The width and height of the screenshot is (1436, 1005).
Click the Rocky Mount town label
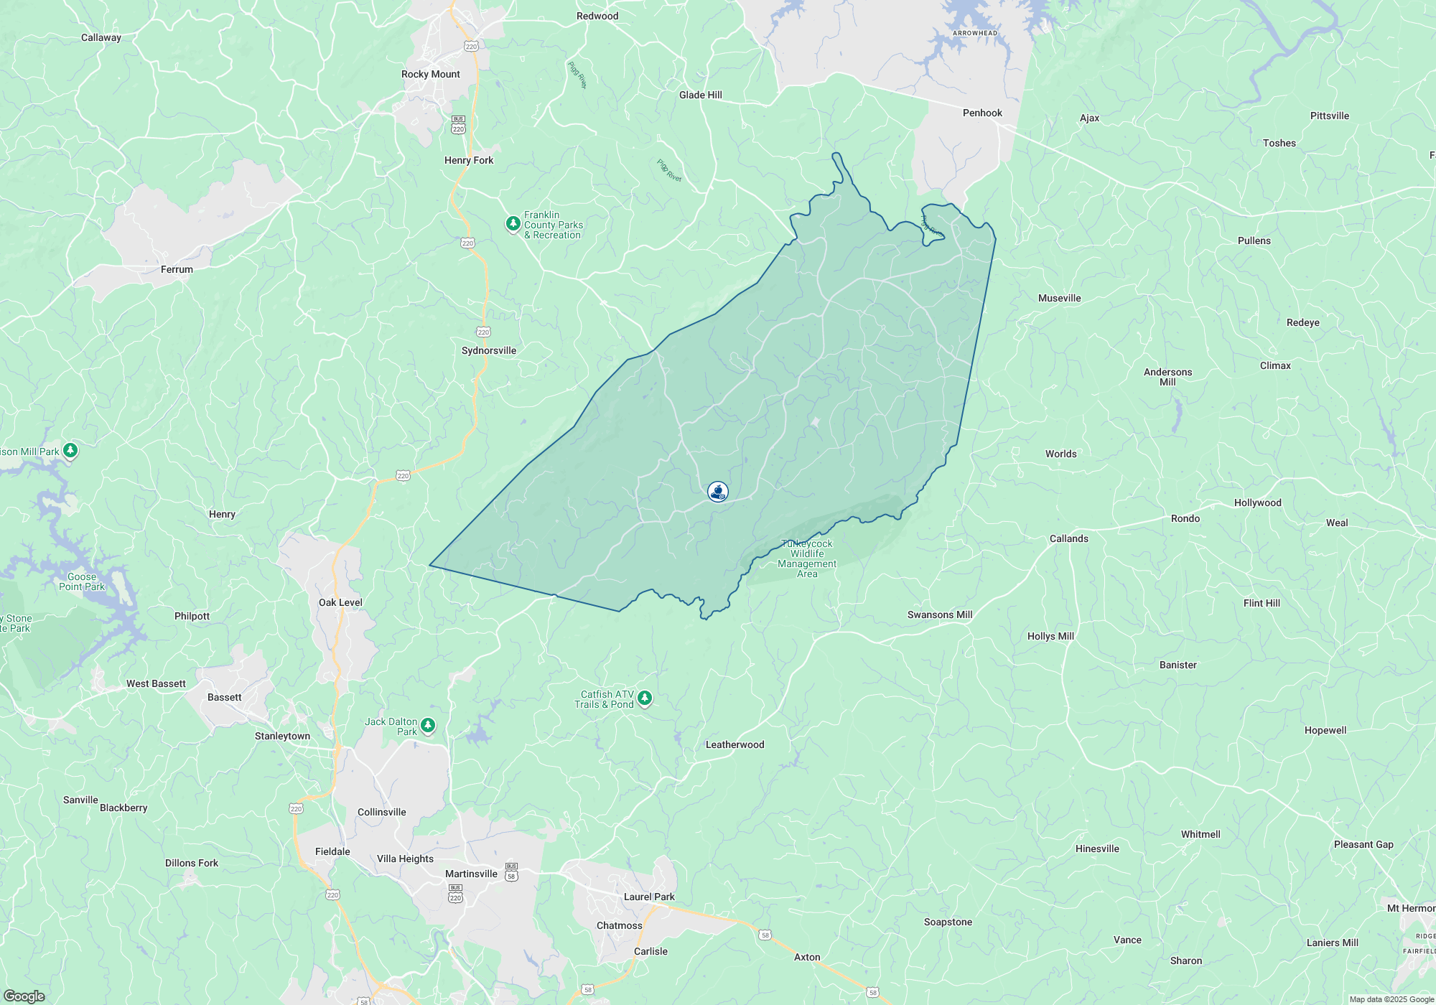(x=430, y=74)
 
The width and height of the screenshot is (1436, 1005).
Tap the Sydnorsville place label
(x=488, y=350)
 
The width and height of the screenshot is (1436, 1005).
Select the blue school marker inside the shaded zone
(x=717, y=491)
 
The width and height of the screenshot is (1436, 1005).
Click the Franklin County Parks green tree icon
(x=513, y=224)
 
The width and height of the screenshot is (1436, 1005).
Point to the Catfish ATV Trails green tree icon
(x=645, y=698)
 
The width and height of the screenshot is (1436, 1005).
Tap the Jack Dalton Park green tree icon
(x=428, y=725)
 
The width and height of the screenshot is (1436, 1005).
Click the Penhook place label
(x=982, y=113)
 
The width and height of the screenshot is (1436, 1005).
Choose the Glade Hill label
(x=700, y=95)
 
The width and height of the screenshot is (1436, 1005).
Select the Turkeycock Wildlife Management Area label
(x=807, y=558)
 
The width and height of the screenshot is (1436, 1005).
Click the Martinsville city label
(x=471, y=874)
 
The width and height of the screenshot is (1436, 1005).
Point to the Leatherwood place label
(x=735, y=744)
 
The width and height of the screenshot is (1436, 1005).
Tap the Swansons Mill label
(x=939, y=614)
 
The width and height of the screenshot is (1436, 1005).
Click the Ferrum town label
(x=177, y=269)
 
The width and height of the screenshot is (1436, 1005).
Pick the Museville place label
(x=1059, y=298)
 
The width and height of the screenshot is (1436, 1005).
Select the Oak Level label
(x=340, y=602)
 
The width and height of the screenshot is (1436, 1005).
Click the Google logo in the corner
(x=24, y=996)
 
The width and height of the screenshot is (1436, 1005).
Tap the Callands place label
(x=1068, y=538)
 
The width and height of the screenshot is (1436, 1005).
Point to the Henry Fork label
(x=468, y=160)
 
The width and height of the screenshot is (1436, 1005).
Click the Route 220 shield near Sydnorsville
(x=483, y=332)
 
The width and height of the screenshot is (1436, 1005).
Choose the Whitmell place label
(x=1200, y=834)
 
